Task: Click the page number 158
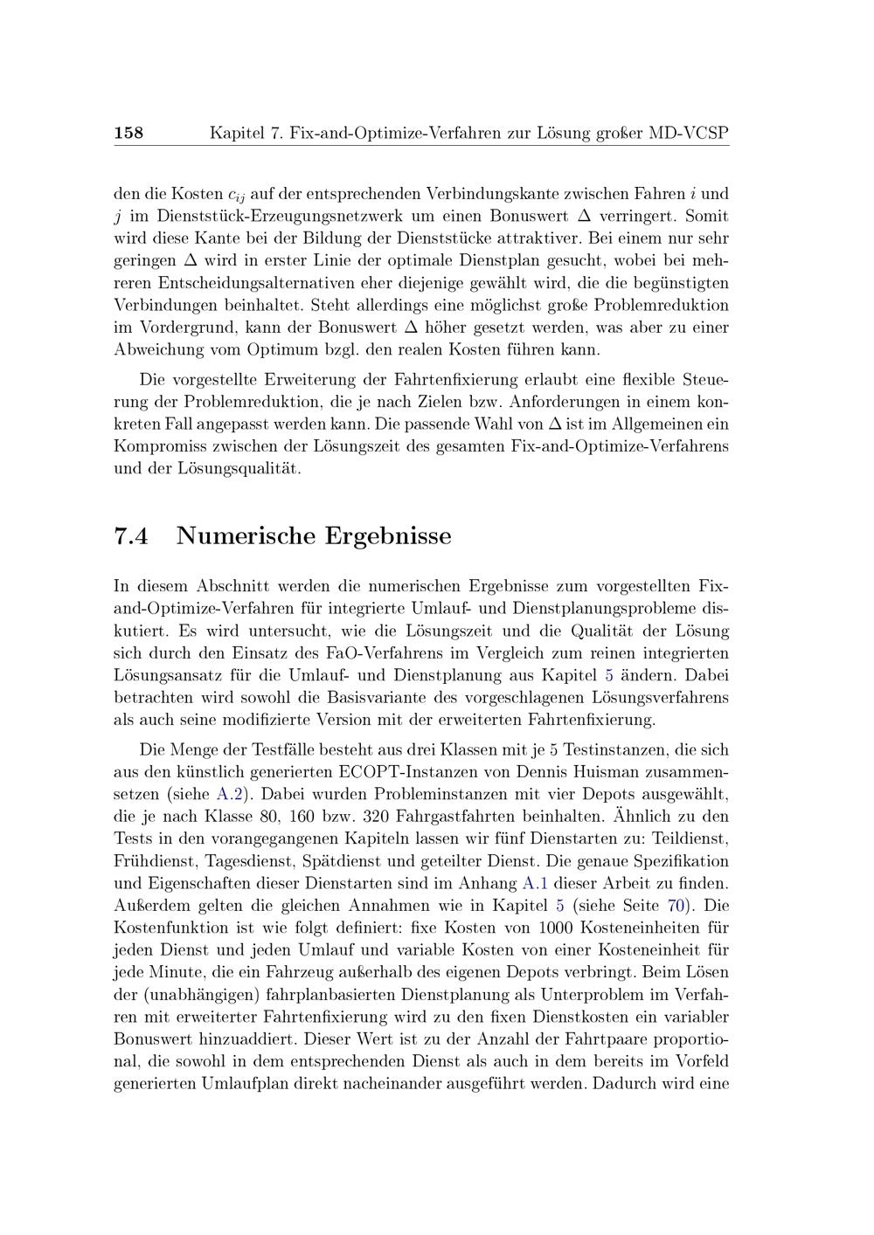tap(128, 134)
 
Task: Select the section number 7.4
tap(131, 535)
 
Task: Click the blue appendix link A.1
tap(535, 884)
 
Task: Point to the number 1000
tap(556, 928)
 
